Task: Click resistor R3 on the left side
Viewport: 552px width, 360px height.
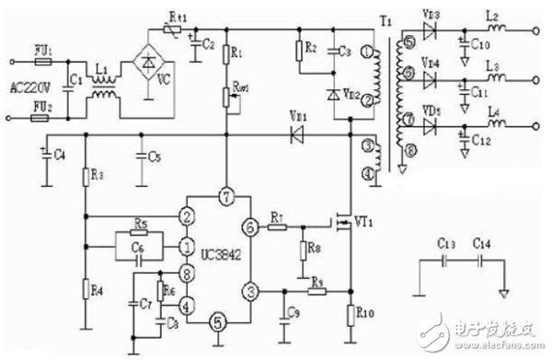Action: tap(85, 177)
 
